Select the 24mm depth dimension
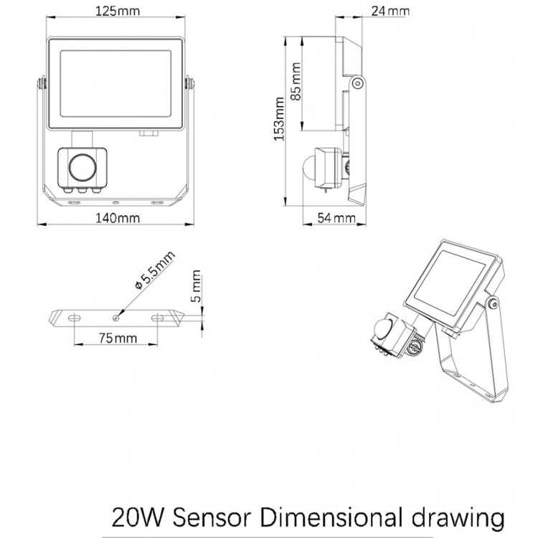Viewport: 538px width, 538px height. tap(391, 11)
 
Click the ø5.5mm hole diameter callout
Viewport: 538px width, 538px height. tap(154, 272)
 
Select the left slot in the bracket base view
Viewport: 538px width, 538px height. tap(74, 316)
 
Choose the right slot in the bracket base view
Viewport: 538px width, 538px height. tap(157, 316)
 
